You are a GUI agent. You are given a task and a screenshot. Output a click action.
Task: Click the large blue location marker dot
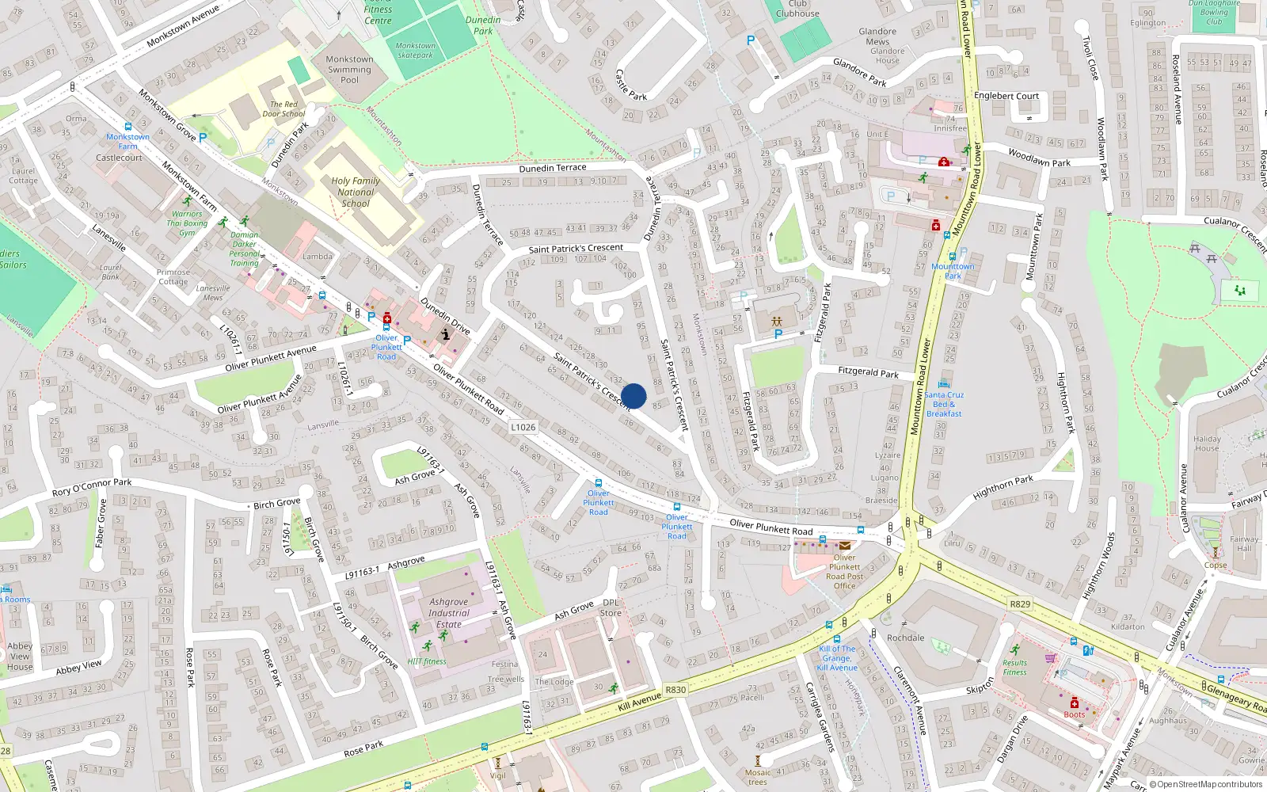(633, 396)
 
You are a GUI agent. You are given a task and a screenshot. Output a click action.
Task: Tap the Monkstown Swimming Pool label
(349, 70)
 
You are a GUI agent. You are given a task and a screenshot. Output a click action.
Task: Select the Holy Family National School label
(356, 192)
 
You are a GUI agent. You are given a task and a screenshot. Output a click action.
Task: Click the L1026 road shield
(523, 427)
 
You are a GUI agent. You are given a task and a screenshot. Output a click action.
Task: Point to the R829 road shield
(1020, 604)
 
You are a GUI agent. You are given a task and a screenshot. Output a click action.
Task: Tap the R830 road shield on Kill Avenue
(675, 690)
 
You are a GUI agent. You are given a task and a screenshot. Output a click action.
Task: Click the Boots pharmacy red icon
(1075, 703)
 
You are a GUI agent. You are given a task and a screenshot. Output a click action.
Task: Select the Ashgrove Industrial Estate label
(449, 613)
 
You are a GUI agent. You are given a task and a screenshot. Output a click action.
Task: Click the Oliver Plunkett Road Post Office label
(845, 571)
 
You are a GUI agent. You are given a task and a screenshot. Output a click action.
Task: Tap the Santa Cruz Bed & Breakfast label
(944, 404)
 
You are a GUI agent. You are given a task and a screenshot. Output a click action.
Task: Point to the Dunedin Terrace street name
(553, 168)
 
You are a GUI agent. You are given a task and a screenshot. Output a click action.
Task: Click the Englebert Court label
(1006, 96)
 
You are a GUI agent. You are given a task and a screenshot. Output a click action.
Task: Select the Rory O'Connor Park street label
(92, 487)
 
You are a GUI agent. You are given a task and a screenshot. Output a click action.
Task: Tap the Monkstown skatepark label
(416, 51)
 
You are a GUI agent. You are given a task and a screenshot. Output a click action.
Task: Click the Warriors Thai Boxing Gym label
(187, 223)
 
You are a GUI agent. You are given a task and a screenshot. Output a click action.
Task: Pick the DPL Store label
(611, 607)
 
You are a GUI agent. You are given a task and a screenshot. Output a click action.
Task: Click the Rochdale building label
(906, 638)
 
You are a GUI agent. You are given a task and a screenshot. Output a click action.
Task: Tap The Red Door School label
(283, 109)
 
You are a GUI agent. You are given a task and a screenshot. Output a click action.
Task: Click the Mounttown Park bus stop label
(953, 271)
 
